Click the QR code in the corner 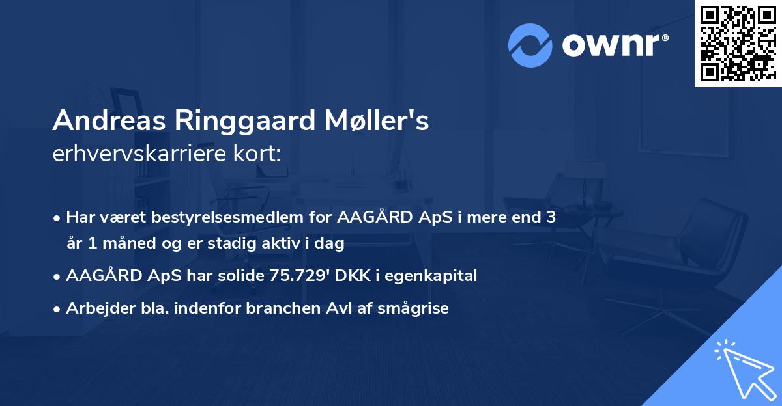pyautogui.click(x=738, y=43)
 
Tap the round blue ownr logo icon pyautogui.click(x=530, y=45)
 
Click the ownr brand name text pyautogui.click(x=614, y=44)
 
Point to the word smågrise pyautogui.click(x=416, y=308)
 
